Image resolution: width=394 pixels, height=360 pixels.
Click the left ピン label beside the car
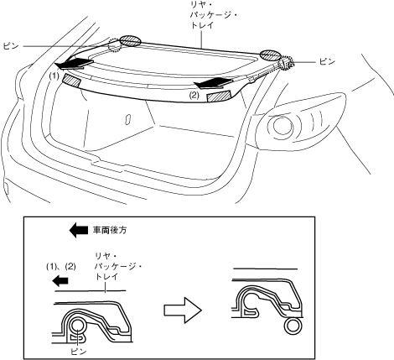(x=11, y=46)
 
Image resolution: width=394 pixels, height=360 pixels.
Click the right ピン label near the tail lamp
(x=327, y=61)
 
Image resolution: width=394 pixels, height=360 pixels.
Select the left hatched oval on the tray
(x=130, y=41)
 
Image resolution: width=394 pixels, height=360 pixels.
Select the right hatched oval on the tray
(x=270, y=55)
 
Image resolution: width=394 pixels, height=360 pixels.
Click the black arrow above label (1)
(x=74, y=64)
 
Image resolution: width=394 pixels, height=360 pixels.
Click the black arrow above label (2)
(x=214, y=82)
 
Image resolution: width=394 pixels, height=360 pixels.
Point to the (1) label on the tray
(x=54, y=76)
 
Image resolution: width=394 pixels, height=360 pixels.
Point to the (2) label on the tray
(x=194, y=96)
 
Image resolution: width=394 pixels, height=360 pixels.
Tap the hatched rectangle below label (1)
(x=71, y=81)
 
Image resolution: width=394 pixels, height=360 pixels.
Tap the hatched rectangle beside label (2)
(x=219, y=97)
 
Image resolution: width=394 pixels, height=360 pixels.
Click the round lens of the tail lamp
(x=283, y=126)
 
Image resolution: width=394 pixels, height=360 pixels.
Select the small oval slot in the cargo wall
(x=128, y=118)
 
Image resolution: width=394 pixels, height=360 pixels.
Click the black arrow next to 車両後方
(x=79, y=230)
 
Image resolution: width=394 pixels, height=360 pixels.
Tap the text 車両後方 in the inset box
(x=110, y=230)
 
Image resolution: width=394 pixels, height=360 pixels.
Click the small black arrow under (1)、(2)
(x=60, y=280)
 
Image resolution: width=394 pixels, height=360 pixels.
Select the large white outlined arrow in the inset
(x=183, y=310)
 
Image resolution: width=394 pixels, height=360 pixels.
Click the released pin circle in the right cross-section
(x=293, y=326)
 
